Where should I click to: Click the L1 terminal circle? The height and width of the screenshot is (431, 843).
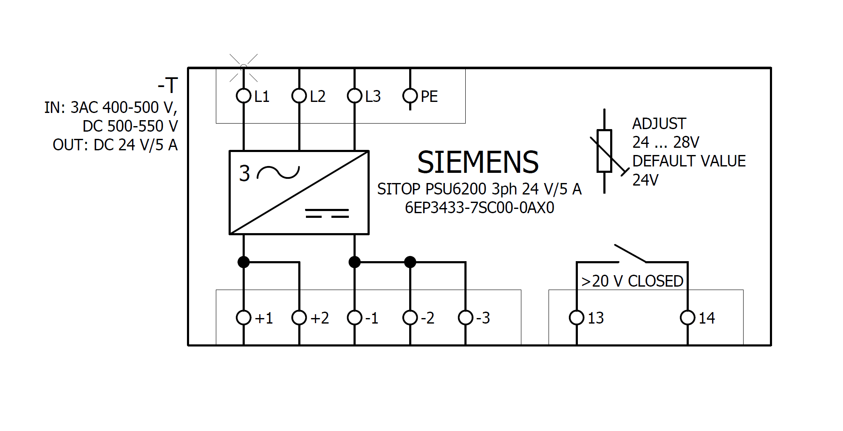coord(243,96)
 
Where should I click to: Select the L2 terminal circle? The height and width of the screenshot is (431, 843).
coord(299,96)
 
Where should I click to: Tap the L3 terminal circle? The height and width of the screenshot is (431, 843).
coord(354,96)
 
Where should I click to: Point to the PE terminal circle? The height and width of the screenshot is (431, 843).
coord(410,96)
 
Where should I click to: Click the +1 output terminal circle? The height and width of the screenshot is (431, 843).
coord(243,317)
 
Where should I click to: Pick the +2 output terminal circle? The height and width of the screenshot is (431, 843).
coord(299,317)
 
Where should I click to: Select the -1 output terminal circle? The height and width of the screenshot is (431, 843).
coord(354,317)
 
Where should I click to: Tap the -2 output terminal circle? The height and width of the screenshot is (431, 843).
coord(410,317)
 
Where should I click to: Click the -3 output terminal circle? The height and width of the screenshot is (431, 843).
coord(466,317)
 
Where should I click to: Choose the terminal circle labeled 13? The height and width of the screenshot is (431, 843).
coord(577,317)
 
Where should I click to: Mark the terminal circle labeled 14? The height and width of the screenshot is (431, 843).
coord(687,317)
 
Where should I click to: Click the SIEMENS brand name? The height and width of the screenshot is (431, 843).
coord(478,162)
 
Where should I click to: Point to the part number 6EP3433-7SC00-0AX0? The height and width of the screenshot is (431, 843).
coord(479,208)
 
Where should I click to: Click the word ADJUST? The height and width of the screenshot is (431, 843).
coord(659,124)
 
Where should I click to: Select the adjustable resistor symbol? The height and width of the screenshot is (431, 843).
coord(604,151)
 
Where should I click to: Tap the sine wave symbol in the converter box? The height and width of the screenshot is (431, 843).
coord(278,172)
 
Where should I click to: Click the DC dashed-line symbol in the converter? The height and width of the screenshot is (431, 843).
coord(327,213)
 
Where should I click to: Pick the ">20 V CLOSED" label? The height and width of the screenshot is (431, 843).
coord(632,281)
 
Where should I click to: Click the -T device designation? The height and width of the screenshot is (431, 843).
coord(168,86)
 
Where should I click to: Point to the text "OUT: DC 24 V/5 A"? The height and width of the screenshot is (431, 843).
coord(115,145)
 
